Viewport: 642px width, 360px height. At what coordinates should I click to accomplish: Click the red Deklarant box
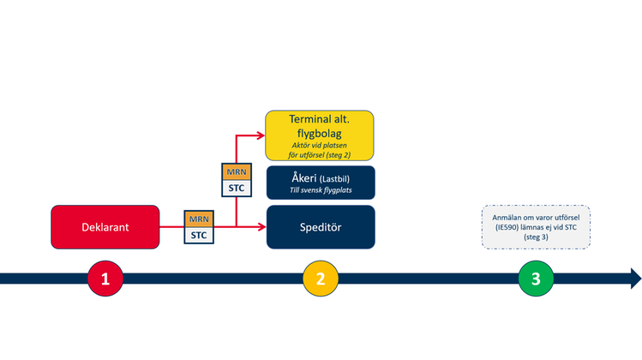point(105,227)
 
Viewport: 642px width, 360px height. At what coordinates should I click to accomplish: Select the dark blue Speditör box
point(321,227)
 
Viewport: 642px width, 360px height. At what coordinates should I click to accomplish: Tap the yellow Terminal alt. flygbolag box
point(321,135)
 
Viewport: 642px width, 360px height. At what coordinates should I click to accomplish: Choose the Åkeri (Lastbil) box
point(321,183)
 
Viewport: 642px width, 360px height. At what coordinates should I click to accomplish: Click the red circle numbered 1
point(105,279)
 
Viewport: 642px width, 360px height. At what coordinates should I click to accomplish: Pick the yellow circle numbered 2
point(321,279)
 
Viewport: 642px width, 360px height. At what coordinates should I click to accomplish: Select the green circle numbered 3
point(536,279)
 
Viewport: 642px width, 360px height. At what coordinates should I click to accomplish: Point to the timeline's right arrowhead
point(634,279)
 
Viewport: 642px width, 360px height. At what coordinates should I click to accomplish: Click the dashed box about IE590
point(536,227)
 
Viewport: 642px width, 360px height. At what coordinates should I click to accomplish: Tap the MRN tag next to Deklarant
point(198,219)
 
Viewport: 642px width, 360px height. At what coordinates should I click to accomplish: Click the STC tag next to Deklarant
point(198,234)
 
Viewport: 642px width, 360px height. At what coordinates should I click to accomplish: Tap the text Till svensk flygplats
point(321,192)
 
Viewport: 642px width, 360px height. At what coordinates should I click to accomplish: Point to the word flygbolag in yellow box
point(321,134)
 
